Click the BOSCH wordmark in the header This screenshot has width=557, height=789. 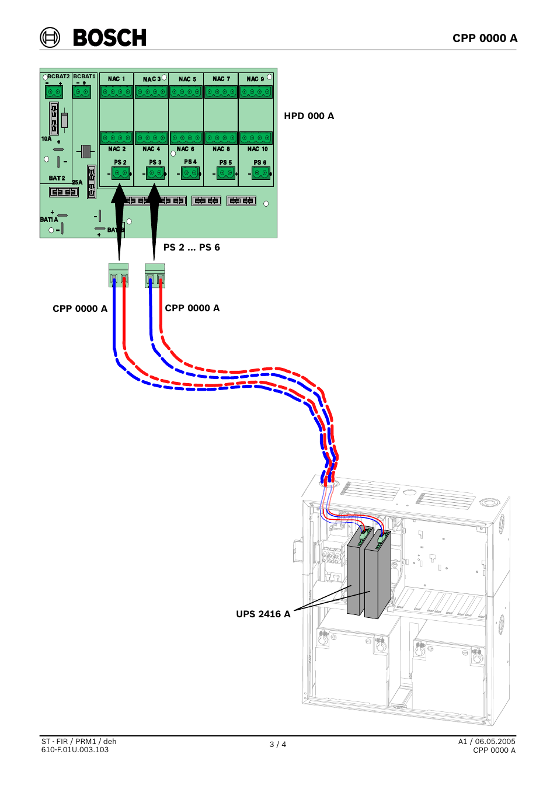pos(110,38)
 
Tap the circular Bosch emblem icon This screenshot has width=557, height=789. pos(50,37)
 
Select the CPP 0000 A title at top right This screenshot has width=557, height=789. pos(485,38)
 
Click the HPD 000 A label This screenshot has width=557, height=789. pos(309,116)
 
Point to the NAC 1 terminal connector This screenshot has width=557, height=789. pos(116,92)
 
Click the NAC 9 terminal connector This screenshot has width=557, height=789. pos(256,92)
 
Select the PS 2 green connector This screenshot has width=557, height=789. pos(120,173)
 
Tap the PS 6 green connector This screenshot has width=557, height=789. pos(261,173)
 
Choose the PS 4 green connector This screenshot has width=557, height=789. pos(190,173)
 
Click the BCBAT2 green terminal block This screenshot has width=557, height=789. pos(54,92)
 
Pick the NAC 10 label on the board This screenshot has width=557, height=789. pos(257,149)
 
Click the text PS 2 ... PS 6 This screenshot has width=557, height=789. pos(192,247)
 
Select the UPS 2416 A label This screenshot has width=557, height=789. pos(263,614)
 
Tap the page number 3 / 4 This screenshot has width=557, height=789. pos(278,744)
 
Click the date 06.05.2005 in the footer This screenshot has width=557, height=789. pos(495,742)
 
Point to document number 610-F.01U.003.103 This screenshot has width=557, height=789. pos(75,749)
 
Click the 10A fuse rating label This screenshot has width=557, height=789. pos(46,139)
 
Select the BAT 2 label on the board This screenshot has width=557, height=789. pos(57,178)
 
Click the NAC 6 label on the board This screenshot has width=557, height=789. pos(185,149)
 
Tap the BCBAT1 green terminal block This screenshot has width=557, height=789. pos(82,92)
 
